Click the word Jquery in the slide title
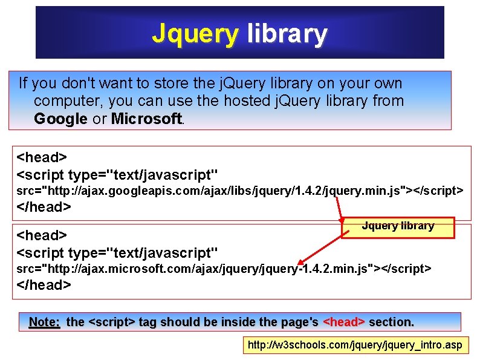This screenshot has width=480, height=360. pos(195,34)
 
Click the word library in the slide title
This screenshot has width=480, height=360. pos(287,34)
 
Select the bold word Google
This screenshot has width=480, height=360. pos(60,119)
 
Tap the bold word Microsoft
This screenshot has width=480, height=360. pos(146,119)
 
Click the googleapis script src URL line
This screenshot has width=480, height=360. pos(239,191)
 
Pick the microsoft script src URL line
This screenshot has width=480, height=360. pos(224,268)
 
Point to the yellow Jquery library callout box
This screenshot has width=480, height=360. pos(398,226)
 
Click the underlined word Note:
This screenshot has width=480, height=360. pos(45,322)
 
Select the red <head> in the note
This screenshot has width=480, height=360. pos(345,322)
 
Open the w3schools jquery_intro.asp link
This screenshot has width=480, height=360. pos(355,345)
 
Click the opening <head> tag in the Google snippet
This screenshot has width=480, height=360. pos(42,157)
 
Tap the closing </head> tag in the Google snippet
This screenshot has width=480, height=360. pos(44,207)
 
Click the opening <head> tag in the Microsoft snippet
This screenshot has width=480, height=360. pos(42,235)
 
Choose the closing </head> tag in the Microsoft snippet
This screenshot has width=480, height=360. pos(44,284)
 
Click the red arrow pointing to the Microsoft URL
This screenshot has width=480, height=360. pos(326,246)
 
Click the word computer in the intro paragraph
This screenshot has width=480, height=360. pos(68,100)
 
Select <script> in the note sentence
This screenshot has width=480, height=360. pos(112,322)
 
